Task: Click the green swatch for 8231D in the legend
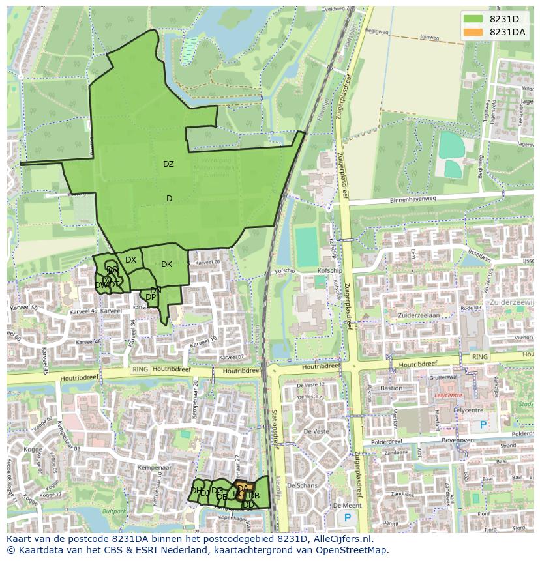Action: click(x=473, y=19)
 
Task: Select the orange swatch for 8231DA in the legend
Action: click(x=473, y=32)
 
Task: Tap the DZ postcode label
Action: click(x=168, y=164)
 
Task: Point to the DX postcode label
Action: click(x=131, y=260)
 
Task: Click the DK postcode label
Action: click(x=166, y=265)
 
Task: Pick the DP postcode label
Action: click(x=151, y=297)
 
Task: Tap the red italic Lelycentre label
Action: click(x=448, y=396)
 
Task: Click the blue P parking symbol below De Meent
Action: click(x=347, y=518)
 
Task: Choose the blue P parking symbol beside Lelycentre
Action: click(x=483, y=425)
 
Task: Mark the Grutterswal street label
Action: click(x=447, y=377)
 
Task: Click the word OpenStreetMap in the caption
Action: click(x=352, y=550)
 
